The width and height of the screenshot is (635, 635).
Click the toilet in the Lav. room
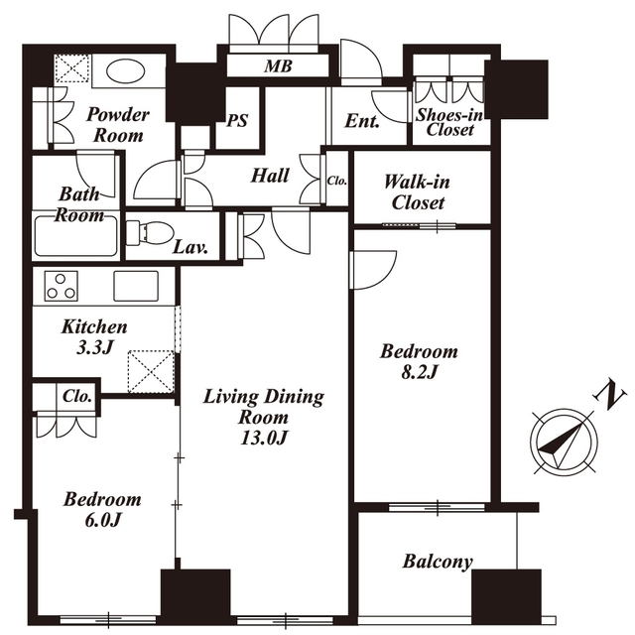pos(150,232)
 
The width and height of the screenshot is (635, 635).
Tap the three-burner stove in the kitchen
pos(62,286)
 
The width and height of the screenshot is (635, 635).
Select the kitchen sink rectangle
pos(136,286)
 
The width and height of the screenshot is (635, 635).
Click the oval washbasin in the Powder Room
pos(125,72)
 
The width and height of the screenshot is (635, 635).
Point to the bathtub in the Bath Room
pos(76,236)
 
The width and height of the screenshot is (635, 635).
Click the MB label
pos(278,66)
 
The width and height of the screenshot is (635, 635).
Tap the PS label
pos(237,121)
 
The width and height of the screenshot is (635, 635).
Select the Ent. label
pos(362,121)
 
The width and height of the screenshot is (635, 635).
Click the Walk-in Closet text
pos(417,192)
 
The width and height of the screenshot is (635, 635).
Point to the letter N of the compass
pos(610,395)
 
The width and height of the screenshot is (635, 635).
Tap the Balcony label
pos(438,562)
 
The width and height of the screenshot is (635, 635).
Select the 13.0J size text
pos(264,438)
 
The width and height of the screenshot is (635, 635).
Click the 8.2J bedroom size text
pos(419,372)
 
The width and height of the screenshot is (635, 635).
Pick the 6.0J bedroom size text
pos(102,520)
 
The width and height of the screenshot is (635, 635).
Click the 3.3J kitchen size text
pos(94,347)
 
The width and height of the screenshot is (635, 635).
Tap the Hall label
pos(270,176)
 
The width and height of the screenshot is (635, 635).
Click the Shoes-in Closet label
pos(449,122)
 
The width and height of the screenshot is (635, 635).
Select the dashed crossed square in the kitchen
pos(151,372)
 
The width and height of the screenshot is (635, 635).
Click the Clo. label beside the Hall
pos(337,181)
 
